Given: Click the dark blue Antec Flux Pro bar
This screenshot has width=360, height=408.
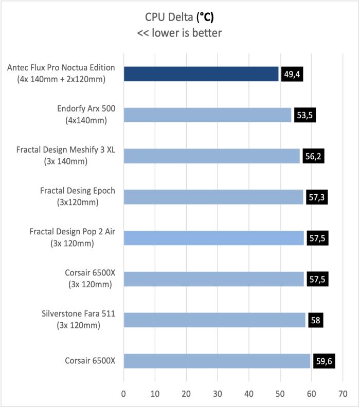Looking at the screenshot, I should pyautogui.click(x=201, y=74).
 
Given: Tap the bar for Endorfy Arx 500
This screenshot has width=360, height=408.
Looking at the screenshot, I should pyautogui.click(x=207, y=115).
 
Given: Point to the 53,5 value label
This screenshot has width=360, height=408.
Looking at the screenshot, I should pyautogui.click(x=303, y=115).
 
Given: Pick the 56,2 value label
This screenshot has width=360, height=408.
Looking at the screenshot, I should pyautogui.click(x=313, y=156).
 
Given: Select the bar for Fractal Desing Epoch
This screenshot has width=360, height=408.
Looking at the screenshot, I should pyautogui.click(x=213, y=197).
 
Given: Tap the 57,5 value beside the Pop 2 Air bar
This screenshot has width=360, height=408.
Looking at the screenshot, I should pyautogui.click(x=317, y=238).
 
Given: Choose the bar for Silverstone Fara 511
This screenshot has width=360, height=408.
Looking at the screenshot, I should pyautogui.click(x=214, y=320).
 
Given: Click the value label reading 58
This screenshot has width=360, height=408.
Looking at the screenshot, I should pyautogui.click(x=316, y=320).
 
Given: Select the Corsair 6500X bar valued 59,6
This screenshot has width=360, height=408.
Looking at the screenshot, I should pyautogui.click(x=217, y=361).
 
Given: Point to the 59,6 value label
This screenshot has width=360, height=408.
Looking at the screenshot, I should pyautogui.click(x=325, y=361).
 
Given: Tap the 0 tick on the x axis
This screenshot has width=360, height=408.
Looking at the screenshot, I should pyautogui.click(x=123, y=394).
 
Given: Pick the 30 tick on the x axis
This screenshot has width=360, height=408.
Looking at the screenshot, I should pyautogui.click(x=218, y=394).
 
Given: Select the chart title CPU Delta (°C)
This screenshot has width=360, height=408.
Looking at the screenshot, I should pyautogui.click(x=179, y=17).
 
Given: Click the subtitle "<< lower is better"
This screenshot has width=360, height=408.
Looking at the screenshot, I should pyautogui.click(x=179, y=33).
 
